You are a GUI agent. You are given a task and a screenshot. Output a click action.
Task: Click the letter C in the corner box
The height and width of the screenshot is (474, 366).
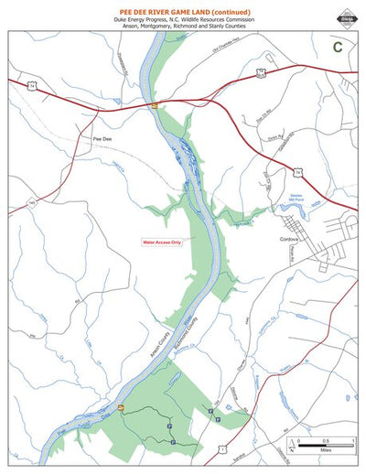click(x=338, y=46)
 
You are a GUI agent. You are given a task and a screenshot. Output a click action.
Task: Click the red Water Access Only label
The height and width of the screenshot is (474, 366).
click(x=162, y=243)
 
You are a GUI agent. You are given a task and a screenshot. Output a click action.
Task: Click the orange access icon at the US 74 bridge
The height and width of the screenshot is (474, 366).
click(x=156, y=106)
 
